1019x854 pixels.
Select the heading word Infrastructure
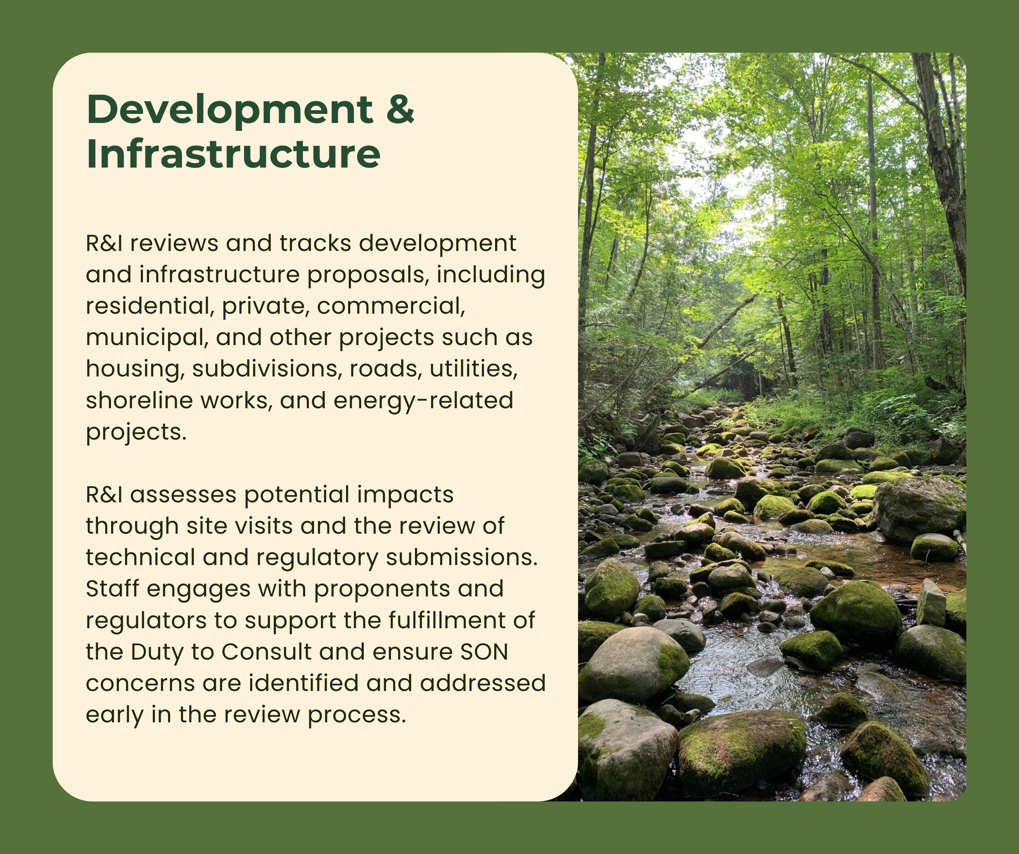tap(233, 153)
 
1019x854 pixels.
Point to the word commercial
tap(391, 306)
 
